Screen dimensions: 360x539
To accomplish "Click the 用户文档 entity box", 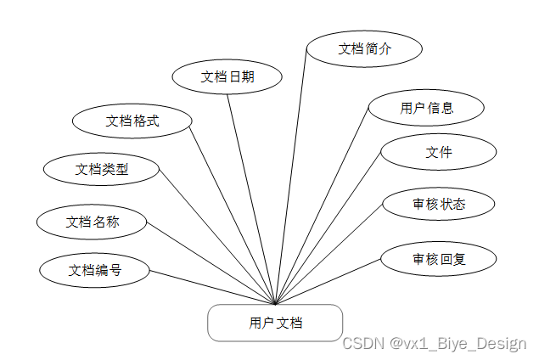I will tap(275, 323).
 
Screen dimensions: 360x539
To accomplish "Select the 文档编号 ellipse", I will tap(95, 271).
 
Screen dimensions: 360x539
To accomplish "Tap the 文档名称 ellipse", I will tap(93, 222).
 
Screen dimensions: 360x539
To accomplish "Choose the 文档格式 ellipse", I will tap(132, 121).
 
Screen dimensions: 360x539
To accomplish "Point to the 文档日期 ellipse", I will tap(227, 76).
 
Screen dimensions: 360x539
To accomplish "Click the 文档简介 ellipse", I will tap(364, 48).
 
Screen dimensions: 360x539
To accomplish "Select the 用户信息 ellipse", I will tap(426, 108).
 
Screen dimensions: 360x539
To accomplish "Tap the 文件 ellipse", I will tap(438, 153).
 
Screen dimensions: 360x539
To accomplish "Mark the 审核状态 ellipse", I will tap(438, 204).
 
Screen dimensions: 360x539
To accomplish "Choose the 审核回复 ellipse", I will tap(438, 259).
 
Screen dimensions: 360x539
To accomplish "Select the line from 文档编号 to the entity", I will tap(212, 288).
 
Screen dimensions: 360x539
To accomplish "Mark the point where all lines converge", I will tap(276, 304).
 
